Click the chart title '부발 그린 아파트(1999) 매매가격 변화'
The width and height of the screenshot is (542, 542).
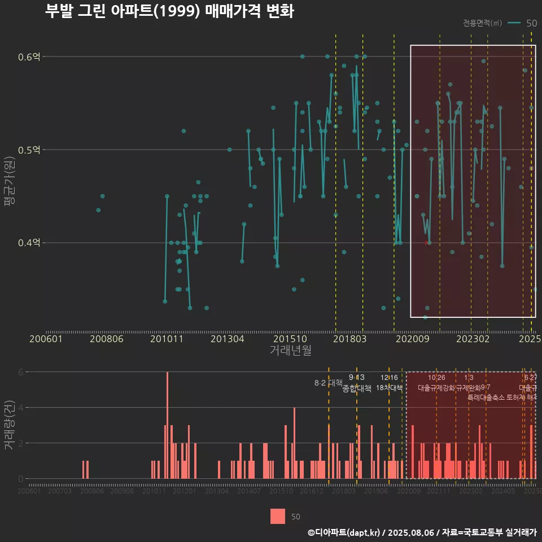pyautogui.click(x=169, y=12)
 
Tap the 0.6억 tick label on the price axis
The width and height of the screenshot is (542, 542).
pyautogui.click(x=29, y=56)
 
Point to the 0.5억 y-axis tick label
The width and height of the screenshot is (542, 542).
pyautogui.click(x=29, y=150)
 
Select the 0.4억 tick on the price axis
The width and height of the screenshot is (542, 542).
pyautogui.click(x=29, y=243)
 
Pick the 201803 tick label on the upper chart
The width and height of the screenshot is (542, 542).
pyautogui.click(x=350, y=339)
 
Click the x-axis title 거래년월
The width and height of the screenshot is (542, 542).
pyautogui.click(x=290, y=351)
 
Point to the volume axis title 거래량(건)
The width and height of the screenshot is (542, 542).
pyautogui.click(x=10, y=425)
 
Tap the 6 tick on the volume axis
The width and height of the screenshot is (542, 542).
pyautogui.click(x=21, y=372)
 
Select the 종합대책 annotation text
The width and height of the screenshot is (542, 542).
pyautogui.click(x=357, y=388)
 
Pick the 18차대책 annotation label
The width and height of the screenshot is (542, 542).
pyautogui.click(x=389, y=388)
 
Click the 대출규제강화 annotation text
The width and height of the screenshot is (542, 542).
pyautogui.click(x=436, y=388)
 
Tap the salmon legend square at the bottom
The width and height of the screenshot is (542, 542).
pyautogui.click(x=278, y=516)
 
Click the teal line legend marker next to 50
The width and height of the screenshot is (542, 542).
pyautogui.click(x=514, y=23)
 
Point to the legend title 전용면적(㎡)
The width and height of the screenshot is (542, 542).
pyautogui.click(x=482, y=23)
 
